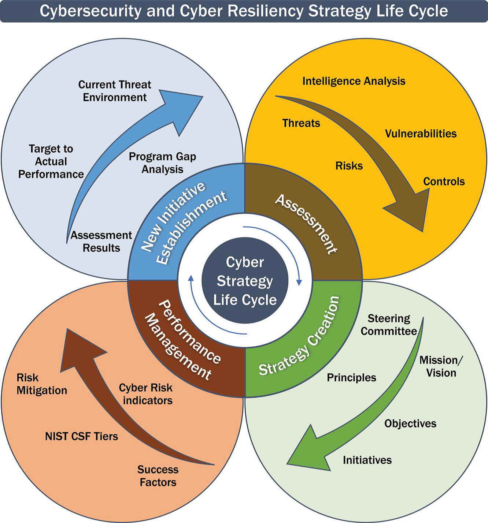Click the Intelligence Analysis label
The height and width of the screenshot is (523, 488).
pyautogui.click(x=354, y=81)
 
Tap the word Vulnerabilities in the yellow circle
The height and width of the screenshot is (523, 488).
pyautogui.click(x=421, y=134)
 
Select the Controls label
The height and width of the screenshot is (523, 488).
pyautogui.click(x=444, y=182)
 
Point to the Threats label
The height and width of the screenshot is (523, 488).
pyautogui.click(x=301, y=123)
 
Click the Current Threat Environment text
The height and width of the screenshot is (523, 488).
pyautogui.click(x=115, y=91)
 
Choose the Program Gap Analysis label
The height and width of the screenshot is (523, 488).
pyautogui.click(x=162, y=163)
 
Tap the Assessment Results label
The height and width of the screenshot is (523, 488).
pyautogui.click(x=101, y=242)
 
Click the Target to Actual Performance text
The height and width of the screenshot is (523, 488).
pyautogui.click(x=51, y=161)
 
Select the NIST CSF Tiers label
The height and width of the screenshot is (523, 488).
pyautogui.click(x=81, y=436)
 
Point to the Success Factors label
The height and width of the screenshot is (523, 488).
pyautogui.click(x=158, y=476)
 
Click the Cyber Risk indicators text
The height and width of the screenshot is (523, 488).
pyautogui.click(x=146, y=394)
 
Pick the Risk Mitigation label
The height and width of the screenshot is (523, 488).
pyautogui.click(x=41, y=384)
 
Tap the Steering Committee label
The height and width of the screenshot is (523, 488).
pyautogui.click(x=389, y=325)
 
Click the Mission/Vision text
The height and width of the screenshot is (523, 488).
pyautogui.click(x=441, y=366)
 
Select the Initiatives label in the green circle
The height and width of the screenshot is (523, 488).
pyautogui.click(x=367, y=460)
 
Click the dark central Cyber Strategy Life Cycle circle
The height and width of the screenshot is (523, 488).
pyautogui.click(x=245, y=281)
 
